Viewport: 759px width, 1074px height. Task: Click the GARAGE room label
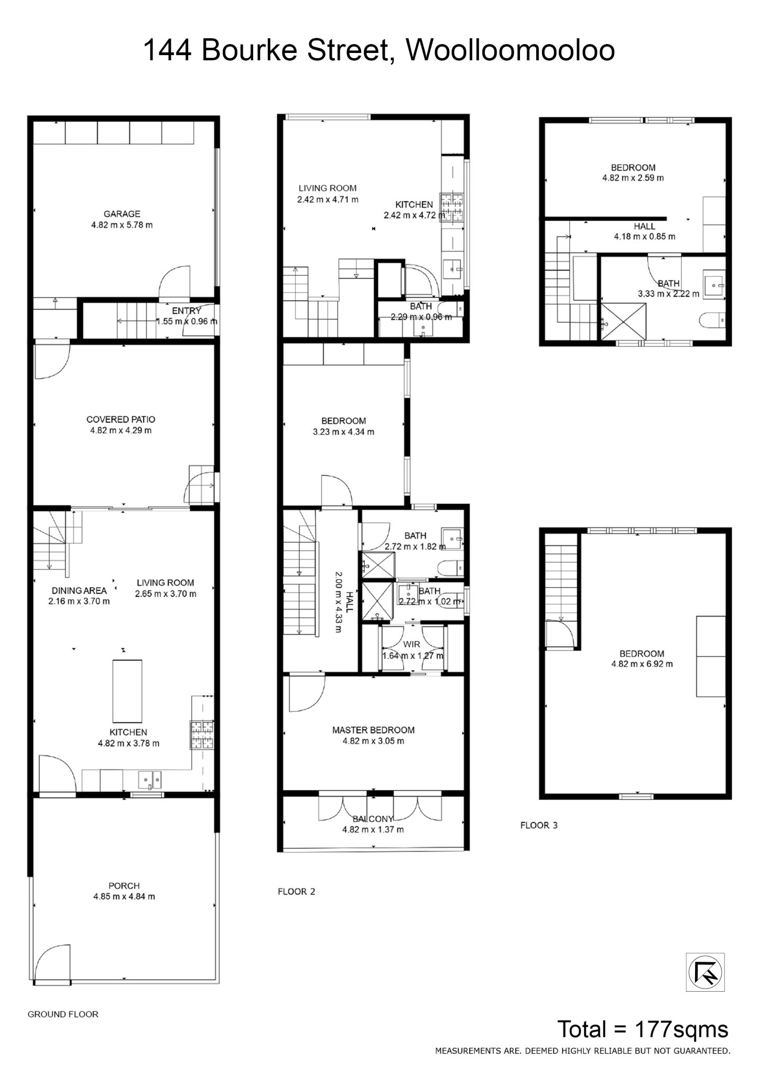[x=122, y=214]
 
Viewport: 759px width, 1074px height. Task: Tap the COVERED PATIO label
[x=121, y=420]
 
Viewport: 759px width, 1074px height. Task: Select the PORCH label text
[x=124, y=886]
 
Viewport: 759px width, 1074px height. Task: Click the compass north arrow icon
[x=706, y=972]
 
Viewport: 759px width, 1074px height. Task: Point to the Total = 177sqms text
[x=643, y=1029]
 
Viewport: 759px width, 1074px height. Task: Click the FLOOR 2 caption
[x=297, y=892]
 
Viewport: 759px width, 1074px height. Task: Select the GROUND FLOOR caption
[x=63, y=1014]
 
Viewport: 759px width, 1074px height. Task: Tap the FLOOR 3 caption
[x=539, y=825]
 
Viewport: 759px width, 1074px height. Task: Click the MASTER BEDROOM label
[x=373, y=730]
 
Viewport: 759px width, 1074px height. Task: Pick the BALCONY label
[x=373, y=819]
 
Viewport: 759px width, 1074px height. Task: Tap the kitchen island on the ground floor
[x=127, y=691]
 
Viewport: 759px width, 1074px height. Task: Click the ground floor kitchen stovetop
[x=201, y=735]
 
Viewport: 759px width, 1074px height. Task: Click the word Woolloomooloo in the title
[x=509, y=51]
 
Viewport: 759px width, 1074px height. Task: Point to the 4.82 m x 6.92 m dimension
[x=642, y=664]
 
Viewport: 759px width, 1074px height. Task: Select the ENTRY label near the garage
[x=187, y=311]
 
